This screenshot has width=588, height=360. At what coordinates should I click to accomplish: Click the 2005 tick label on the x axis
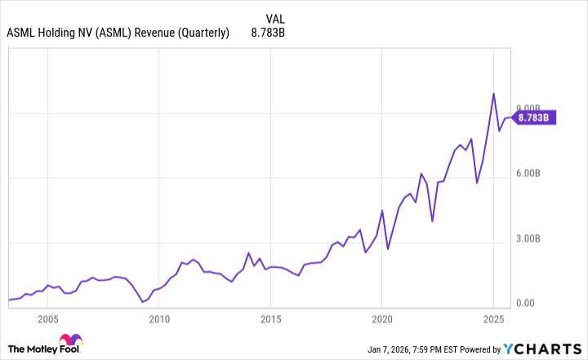(47, 319)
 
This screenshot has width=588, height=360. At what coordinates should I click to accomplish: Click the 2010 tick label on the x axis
(159, 319)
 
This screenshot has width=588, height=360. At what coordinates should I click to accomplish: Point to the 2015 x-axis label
(270, 319)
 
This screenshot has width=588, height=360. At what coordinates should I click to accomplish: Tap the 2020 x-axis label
(382, 319)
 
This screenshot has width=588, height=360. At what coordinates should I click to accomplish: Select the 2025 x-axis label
(493, 319)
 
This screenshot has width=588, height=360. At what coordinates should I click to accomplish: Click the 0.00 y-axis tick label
(527, 304)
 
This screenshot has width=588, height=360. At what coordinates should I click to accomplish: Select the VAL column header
(275, 19)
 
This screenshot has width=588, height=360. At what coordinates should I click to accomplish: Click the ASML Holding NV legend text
(118, 34)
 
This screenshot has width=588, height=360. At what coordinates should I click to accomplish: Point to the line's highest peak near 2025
(493, 93)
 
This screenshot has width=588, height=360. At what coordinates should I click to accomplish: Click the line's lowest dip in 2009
(142, 302)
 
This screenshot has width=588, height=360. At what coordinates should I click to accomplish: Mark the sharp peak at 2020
(382, 211)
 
